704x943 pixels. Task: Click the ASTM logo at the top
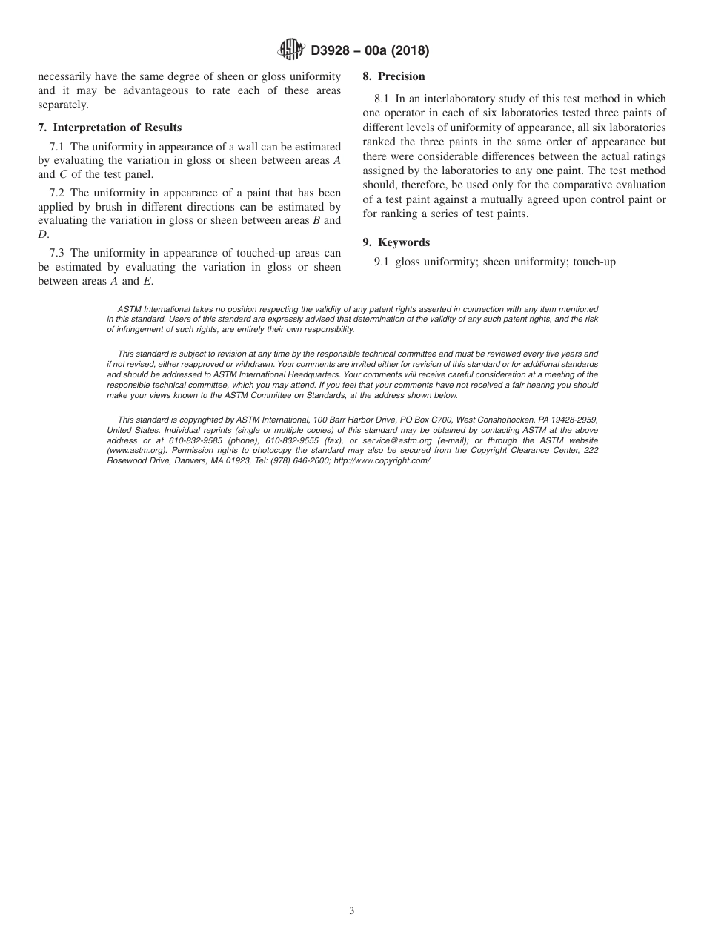(x=290, y=50)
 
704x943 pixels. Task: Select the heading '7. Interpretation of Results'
(x=110, y=128)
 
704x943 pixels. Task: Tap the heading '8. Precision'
(x=393, y=76)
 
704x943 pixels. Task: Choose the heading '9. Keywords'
(x=396, y=242)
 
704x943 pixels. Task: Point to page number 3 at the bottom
(x=352, y=911)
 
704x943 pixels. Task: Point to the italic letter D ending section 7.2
(x=42, y=234)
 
